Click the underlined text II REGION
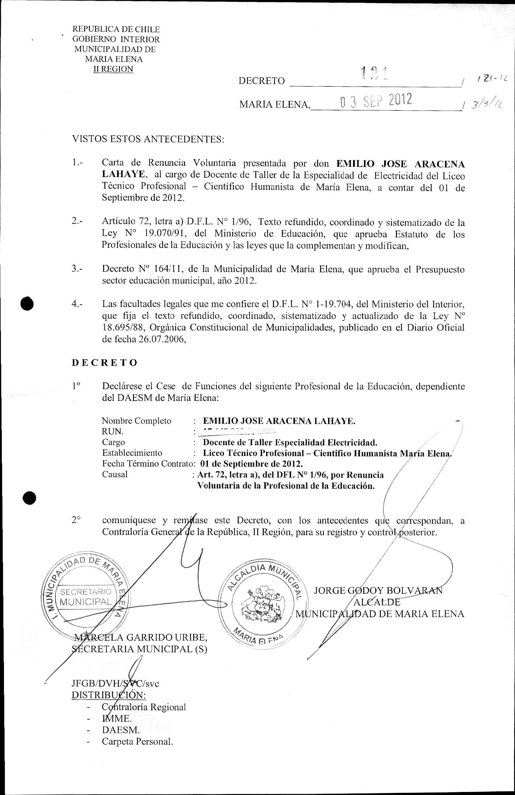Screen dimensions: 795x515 [x=113, y=69]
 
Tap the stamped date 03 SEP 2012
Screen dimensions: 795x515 [x=376, y=100]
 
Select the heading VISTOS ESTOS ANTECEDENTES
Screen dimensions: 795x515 [x=148, y=139]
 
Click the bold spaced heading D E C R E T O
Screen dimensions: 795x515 [x=104, y=363]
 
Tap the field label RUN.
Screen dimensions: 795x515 [x=113, y=431]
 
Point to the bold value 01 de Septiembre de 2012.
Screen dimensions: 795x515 [x=251, y=464]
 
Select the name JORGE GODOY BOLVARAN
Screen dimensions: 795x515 [x=378, y=590]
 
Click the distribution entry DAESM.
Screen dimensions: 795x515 [x=121, y=730]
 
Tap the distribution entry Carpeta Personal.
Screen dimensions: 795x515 [x=137, y=741]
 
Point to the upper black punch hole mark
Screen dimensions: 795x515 [x=27, y=304]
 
